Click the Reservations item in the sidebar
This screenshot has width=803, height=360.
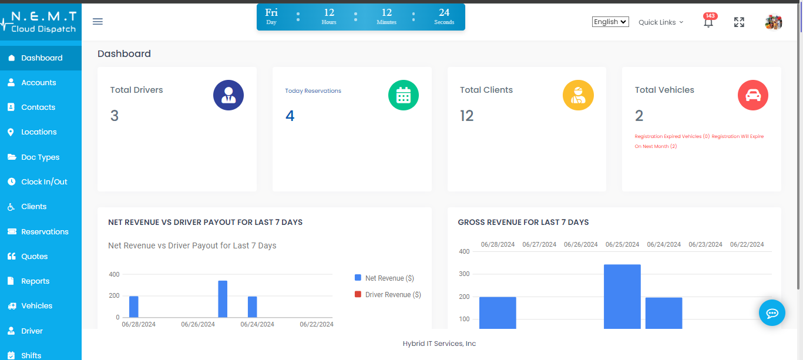click(45, 231)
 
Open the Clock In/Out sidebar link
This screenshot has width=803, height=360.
click(44, 182)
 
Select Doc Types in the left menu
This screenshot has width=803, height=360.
click(40, 157)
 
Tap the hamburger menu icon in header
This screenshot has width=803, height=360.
click(98, 22)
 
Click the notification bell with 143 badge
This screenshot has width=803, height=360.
click(708, 22)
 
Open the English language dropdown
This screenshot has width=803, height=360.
click(610, 22)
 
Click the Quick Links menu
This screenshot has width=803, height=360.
click(661, 22)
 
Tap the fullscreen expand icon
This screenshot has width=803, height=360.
click(739, 22)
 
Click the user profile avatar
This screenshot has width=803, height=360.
click(773, 22)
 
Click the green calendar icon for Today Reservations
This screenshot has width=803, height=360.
click(404, 95)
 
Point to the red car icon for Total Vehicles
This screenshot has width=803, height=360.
click(752, 95)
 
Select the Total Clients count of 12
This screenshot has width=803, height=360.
click(467, 116)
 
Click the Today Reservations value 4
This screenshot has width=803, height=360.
click(290, 116)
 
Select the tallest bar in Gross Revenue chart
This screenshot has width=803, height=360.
click(622, 296)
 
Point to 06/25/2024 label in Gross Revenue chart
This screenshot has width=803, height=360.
click(622, 244)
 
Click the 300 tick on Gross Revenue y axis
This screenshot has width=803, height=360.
click(464, 274)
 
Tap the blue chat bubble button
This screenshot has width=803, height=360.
click(772, 312)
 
